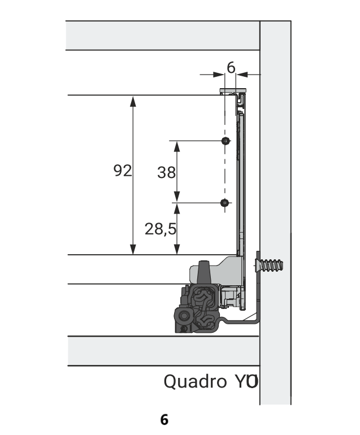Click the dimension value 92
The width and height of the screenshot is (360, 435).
pyautogui.click(x=123, y=171)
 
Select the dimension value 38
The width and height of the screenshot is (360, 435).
pyautogui.click(x=166, y=172)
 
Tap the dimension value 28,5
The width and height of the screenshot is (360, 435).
pyautogui.click(x=161, y=229)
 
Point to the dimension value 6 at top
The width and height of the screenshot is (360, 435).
pyautogui.click(x=231, y=67)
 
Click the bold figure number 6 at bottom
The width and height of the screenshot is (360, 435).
pyautogui.click(x=164, y=419)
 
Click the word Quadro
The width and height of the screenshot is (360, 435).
pyautogui.click(x=195, y=381)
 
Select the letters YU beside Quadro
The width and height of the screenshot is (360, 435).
pyautogui.click(x=246, y=381)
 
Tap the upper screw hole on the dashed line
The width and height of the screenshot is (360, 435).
pyautogui.click(x=225, y=141)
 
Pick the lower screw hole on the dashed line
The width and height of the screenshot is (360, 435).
pyautogui.click(x=224, y=203)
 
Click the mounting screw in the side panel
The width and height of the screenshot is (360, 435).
pyautogui.click(x=269, y=266)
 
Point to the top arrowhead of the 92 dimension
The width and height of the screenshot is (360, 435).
pyautogui.click(x=133, y=101)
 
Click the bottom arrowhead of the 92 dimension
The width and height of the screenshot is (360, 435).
pyautogui.click(x=133, y=249)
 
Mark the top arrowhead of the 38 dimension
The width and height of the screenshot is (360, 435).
pyautogui.click(x=177, y=146)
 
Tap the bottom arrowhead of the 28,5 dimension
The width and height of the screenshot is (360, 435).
pyautogui.click(x=177, y=249)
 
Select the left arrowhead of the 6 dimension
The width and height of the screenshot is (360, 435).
pyautogui.click(x=219, y=75)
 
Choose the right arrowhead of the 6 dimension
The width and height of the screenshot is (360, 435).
pyautogui.click(x=242, y=75)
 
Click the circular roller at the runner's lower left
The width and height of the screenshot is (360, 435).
pyautogui.click(x=184, y=316)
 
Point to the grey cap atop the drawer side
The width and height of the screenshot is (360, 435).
pyautogui.click(x=233, y=90)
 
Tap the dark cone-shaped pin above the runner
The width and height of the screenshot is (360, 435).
pyautogui.click(x=204, y=272)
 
